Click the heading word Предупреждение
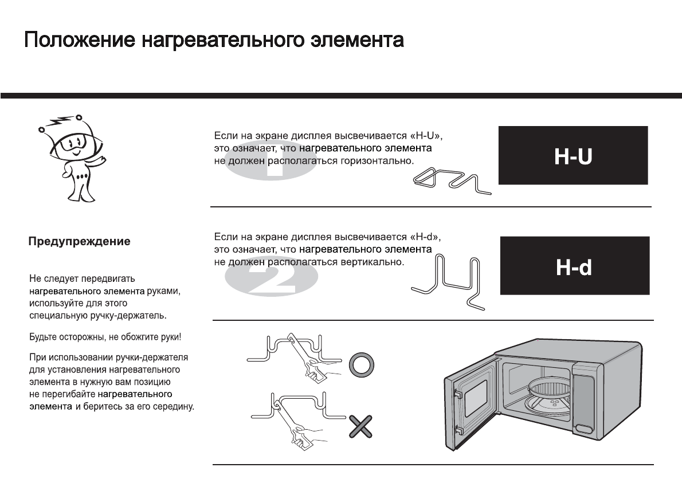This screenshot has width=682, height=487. [80, 242]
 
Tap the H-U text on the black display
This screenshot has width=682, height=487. [573, 156]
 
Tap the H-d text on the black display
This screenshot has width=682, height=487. [574, 267]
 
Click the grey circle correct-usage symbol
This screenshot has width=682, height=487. [362, 364]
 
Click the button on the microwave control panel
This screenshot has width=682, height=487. [585, 429]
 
